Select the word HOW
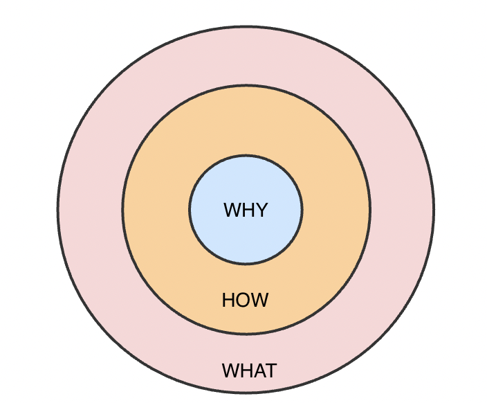point(245,301)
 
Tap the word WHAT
point(249,370)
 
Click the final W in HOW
point(260,301)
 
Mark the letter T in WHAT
point(270,370)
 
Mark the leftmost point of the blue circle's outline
point(190,209)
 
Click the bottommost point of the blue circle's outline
point(246,263)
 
